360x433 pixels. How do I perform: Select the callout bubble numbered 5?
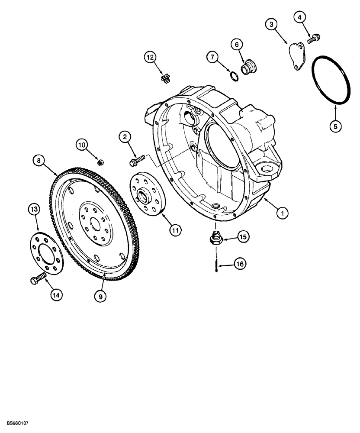336,126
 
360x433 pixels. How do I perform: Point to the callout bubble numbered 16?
239,263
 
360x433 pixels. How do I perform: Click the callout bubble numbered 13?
35,209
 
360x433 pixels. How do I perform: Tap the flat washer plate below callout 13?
46,252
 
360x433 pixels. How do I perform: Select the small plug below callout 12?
164,78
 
